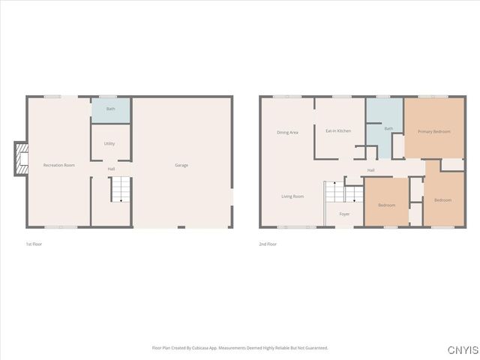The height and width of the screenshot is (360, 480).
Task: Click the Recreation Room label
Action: pyautogui.click(x=59, y=165)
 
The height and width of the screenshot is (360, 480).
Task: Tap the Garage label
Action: pyautogui.click(x=181, y=165)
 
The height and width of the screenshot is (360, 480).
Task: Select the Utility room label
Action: pyautogui.click(x=109, y=143)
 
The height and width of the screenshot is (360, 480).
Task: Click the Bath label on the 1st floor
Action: pyautogui.click(x=111, y=109)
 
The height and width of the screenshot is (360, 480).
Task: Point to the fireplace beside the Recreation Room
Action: pyautogui.click(x=21, y=158)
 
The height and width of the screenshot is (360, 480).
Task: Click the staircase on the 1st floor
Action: pyautogui.click(x=121, y=190)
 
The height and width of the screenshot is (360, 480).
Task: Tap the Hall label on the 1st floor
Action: pyautogui.click(x=111, y=169)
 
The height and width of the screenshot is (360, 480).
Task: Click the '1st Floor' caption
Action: pyautogui.click(x=34, y=244)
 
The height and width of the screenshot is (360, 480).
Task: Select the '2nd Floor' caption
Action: pyautogui.click(x=268, y=244)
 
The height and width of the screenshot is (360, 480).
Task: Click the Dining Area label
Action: pyautogui.click(x=287, y=133)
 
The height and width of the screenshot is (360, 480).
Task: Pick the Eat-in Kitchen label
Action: pyautogui.click(x=338, y=131)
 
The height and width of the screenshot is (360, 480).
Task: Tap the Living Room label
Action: pyautogui.click(x=292, y=196)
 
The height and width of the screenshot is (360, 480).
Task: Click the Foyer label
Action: pyautogui.click(x=344, y=214)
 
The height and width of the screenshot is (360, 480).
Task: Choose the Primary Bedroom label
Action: pyautogui.click(x=434, y=132)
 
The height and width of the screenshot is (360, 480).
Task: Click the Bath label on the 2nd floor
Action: pyautogui.click(x=388, y=129)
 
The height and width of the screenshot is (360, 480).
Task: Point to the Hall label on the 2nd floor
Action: pyautogui.click(x=370, y=170)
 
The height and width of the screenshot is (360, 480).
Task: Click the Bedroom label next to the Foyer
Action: pyautogui.click(x=387, y=205)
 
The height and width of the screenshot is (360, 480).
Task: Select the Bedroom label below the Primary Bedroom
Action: pyautogui.click(x=442, y=200)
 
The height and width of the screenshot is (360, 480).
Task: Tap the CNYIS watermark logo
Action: pyautogui.click(x=461, y=350)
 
